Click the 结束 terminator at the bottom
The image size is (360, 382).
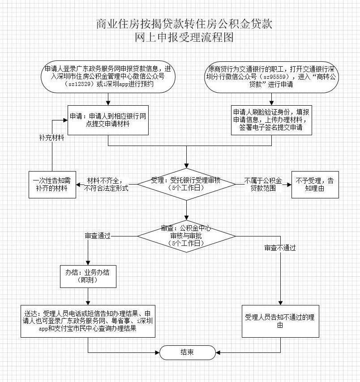coord(187,352)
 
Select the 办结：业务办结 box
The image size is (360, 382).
coord(88,276)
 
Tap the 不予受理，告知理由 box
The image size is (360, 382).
coord(315,185)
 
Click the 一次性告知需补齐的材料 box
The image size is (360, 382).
coord(52,185)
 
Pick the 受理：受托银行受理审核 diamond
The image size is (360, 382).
coord(186,184)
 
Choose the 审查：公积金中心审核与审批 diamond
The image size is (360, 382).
coord(186,236)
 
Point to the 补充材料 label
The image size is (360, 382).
coord(51,138)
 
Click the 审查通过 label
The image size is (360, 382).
coord(98,236)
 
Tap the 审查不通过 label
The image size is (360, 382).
coord(280,248)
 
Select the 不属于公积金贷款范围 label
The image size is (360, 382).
coord(263,185)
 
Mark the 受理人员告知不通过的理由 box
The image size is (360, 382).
coord(280,321)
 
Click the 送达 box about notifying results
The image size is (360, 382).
coord(88,321)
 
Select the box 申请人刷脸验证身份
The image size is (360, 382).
coord(271,120)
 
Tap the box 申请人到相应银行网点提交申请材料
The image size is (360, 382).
coord(108,120)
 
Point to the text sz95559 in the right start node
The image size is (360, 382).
coord(274,77)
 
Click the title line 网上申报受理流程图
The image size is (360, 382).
coord(184,38)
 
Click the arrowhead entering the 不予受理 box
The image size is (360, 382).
coord(289,185)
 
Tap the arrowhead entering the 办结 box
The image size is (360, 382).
coord(88,262)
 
